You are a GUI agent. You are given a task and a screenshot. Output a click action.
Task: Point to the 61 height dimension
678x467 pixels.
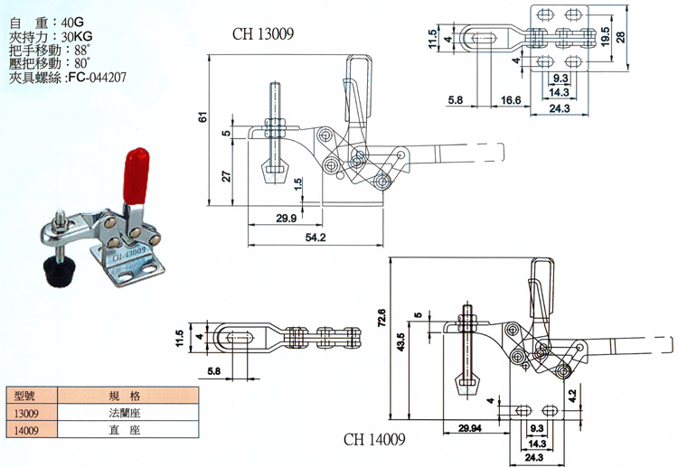pyautogui.click(x=202, y=117)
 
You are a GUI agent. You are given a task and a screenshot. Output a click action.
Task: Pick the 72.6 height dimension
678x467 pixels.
pyautogui.click(x=381, y=319)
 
